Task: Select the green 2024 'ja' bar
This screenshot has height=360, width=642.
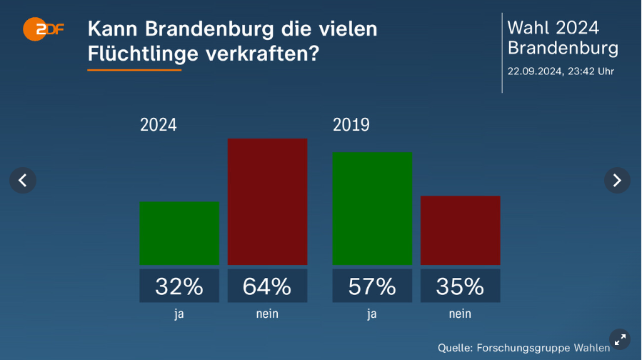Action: click(179, 234)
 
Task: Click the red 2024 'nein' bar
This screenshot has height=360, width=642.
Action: click(267, 201)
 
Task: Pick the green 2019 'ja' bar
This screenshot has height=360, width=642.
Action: click(372, 209)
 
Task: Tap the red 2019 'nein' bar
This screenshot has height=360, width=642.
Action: click(460, 230)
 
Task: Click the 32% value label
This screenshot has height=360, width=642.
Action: click(179, 286)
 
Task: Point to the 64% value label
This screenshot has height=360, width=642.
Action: click(267, 286)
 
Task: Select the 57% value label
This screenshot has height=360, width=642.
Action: click(372, 286)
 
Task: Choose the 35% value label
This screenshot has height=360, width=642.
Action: click(460, 286)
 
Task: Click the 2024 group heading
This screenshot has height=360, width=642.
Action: click(159, 125)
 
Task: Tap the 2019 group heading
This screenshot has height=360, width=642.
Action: click(351, 125)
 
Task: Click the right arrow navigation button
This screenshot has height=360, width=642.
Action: click(617, 180)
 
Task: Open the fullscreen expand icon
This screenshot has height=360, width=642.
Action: click(620, 339)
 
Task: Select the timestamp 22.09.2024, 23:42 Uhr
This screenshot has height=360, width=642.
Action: click(561, 71)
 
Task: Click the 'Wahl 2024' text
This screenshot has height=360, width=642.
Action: click(553, 28)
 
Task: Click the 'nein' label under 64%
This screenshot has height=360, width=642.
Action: click(267, 314)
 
